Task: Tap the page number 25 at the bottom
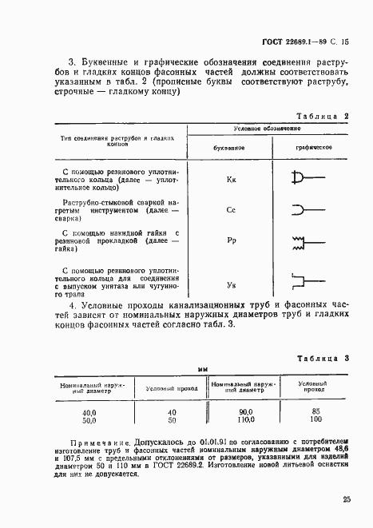(x=345, y=500)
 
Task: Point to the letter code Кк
(x=231, y=180)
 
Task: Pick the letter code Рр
(x=231, y=240)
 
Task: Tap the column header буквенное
(x=230, y=149)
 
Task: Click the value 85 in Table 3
(x=315, y=412)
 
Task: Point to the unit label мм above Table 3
(x=203, y=370)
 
